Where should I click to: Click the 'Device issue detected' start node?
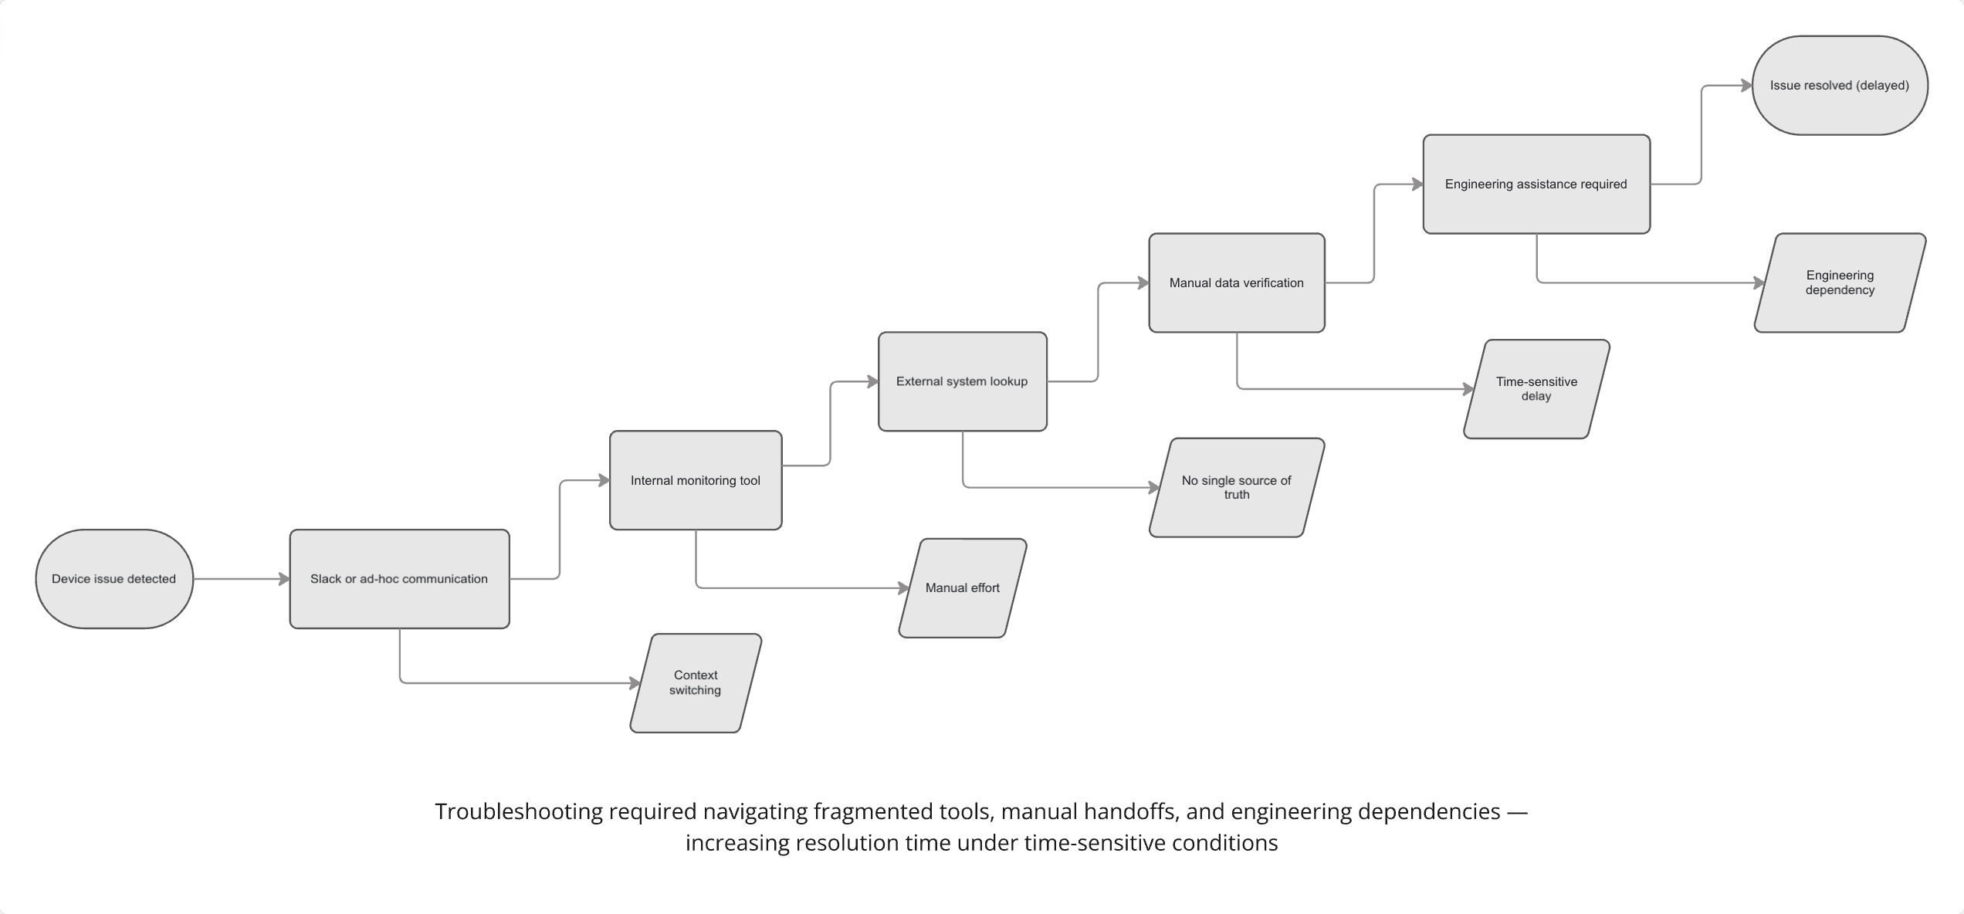click(x=114, y=579)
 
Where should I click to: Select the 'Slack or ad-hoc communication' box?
click(x=399, y=579)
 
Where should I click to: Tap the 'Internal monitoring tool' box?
click(x=696, y=480)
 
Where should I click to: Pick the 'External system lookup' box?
click(x=962, y=381)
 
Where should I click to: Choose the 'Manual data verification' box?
click(x=1237, y=283)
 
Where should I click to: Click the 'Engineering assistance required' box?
click(x=1536, y=184)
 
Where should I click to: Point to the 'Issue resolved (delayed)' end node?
click(x=1840, y=85)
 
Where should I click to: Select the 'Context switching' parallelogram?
click(x=696, y=683)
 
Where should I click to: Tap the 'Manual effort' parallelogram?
click(x=963, y=588)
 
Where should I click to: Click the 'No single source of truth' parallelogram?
click(x=1237, y=487)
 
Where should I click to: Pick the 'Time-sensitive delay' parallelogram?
click(x=1536, y=389)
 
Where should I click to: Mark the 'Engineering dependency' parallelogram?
click(x=1840, y=283)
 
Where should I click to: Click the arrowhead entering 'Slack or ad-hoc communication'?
click(x=284, y=579)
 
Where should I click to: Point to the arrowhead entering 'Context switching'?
click(x=635, y=683)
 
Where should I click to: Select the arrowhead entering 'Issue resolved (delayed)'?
click(x=1746, y=86)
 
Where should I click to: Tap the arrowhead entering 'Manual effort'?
click(x=904, y=588)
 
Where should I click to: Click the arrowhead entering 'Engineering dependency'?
click(x=1759, y=283)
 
